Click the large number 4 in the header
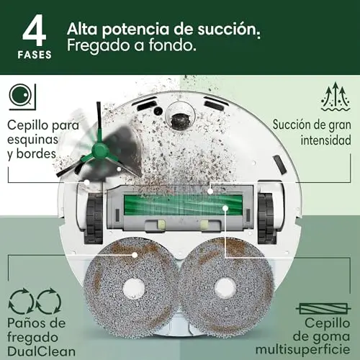[x=34, y=30]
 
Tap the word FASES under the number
[x=35, y=55]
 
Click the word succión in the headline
[x=229, y=30]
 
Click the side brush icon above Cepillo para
[x=22, y=96]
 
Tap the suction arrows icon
[x=336, y=96]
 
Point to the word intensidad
[x=325, y=140]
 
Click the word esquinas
[x=32, y=140]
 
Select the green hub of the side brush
[x=100, y=150]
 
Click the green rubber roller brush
[x=183, y=204]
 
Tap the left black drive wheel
[x=94, y=217]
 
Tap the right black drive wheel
[x=266, y=217]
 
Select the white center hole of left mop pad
[x=134, y=289]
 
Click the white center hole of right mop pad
[x=225, y=288]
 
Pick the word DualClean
[x=41, y=351]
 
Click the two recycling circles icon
[x=35, y=301]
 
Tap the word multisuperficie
[x=302, y=350]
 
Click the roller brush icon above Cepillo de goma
[x=323, y=308]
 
